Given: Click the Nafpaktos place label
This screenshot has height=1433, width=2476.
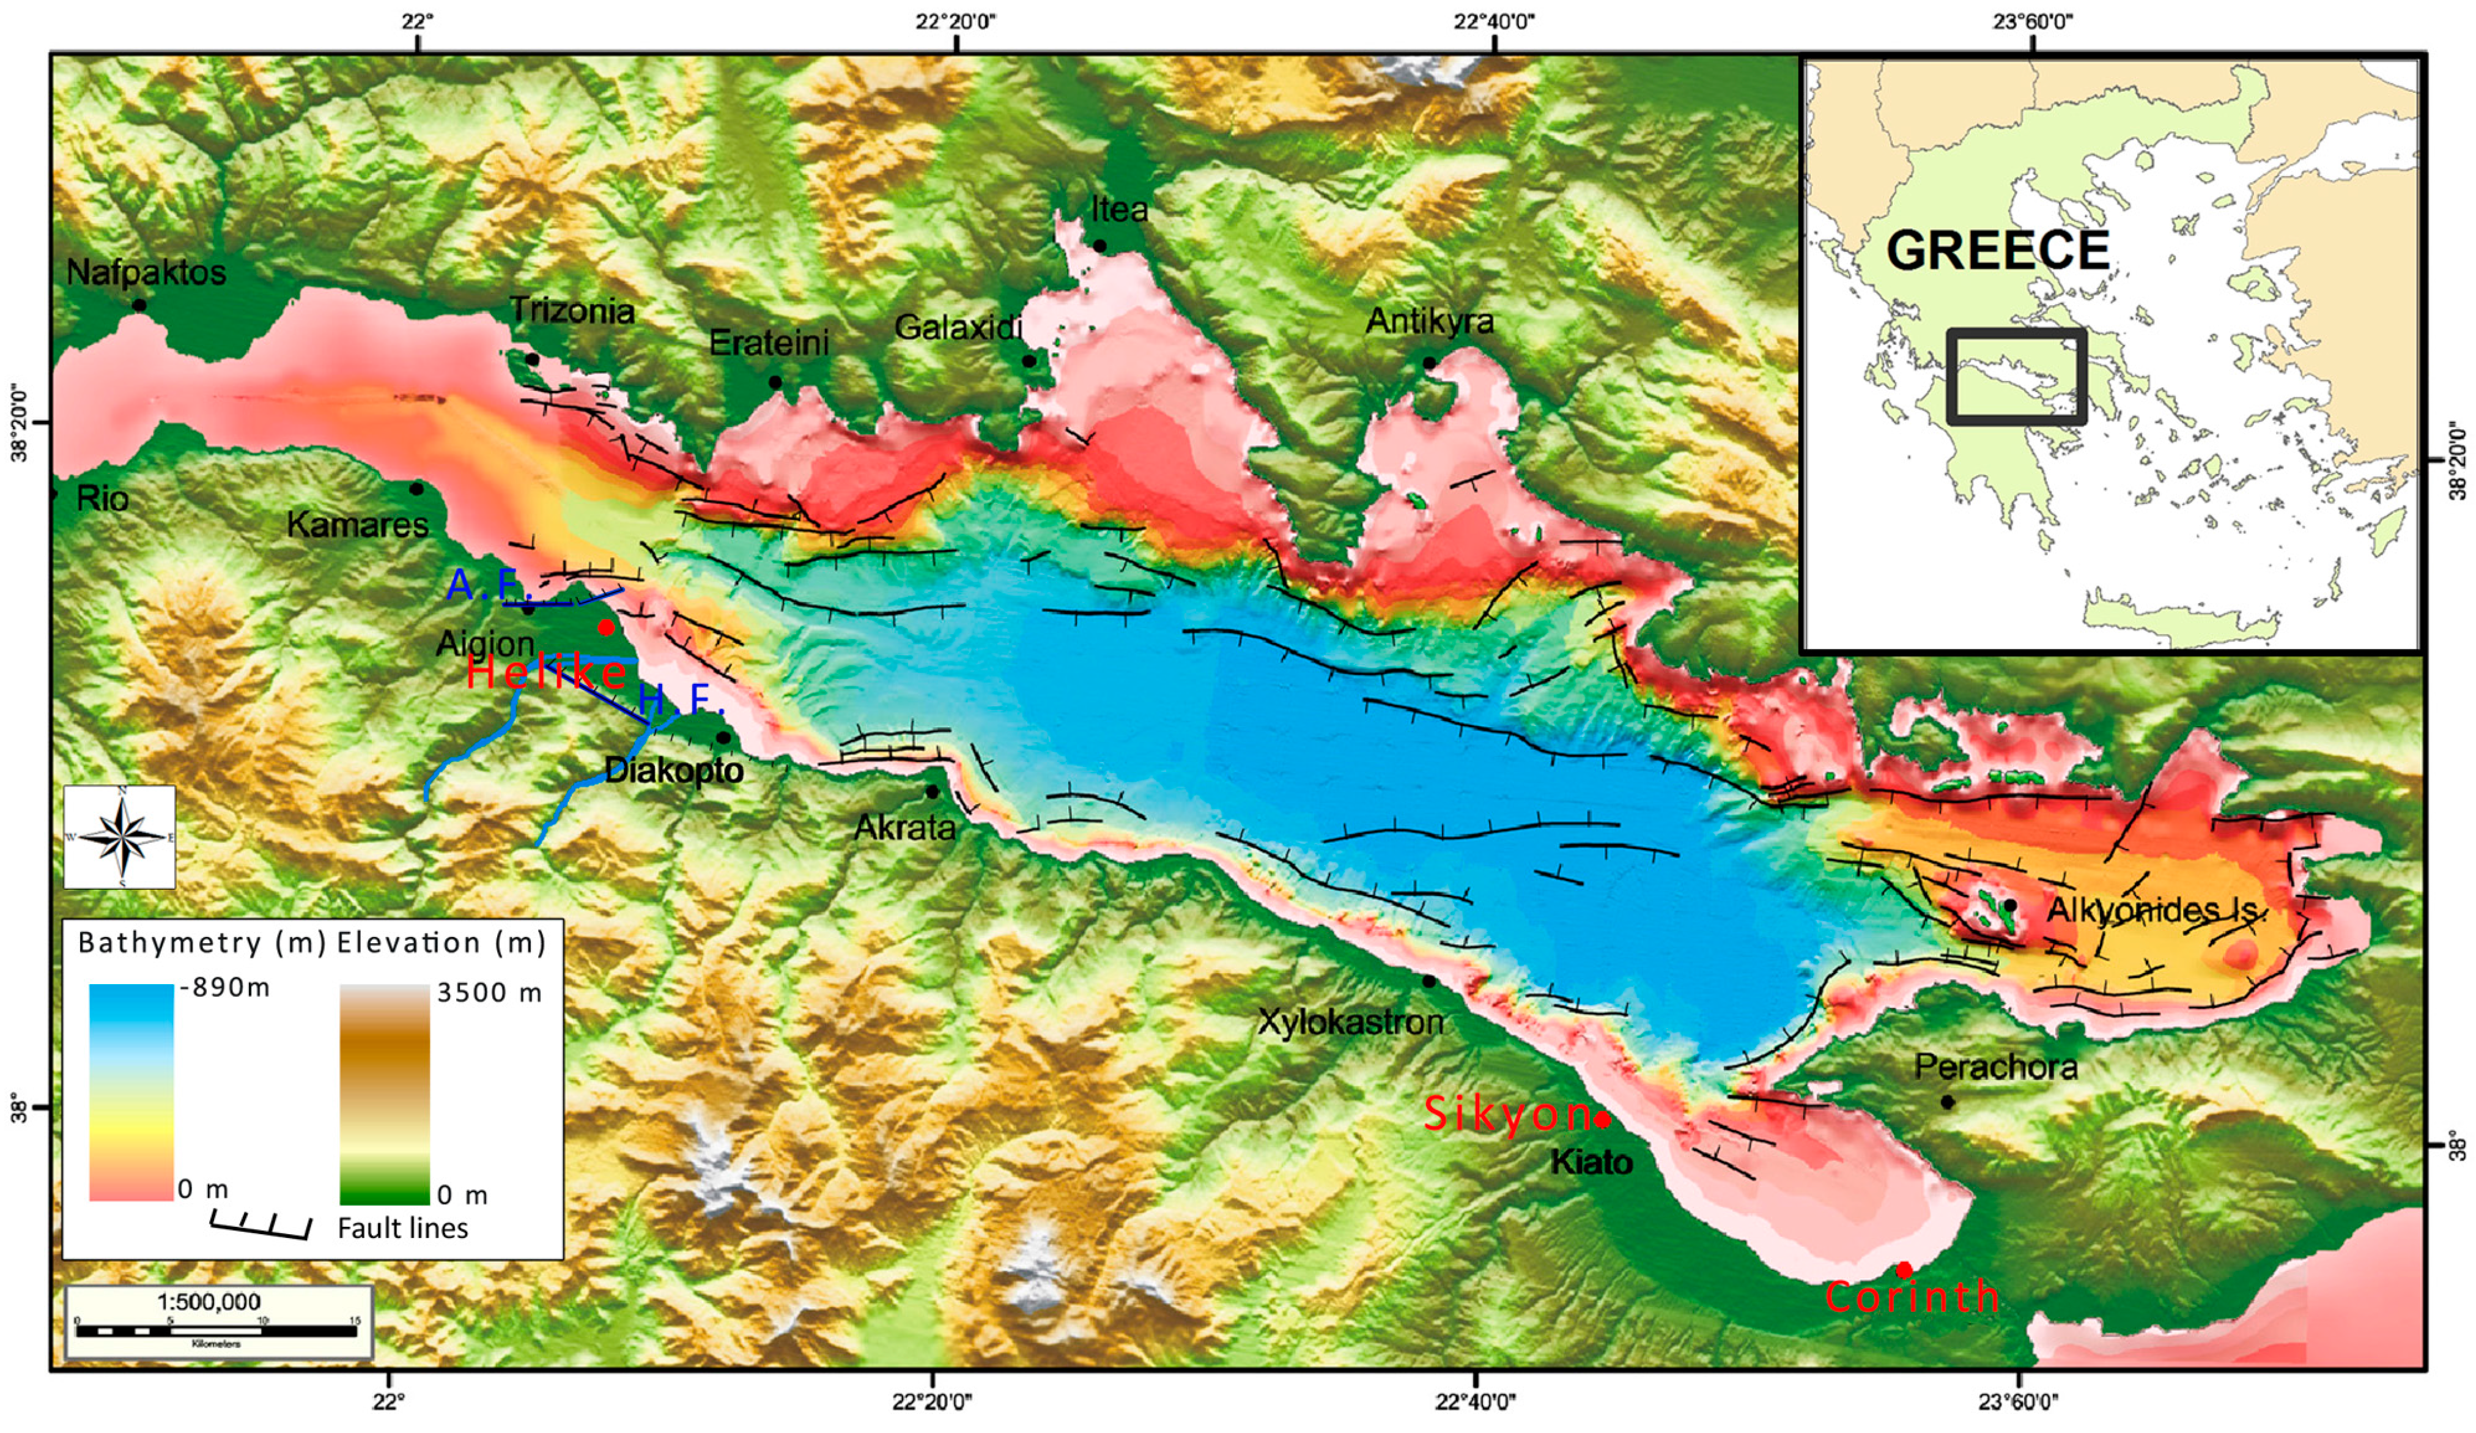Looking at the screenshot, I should [146, 272].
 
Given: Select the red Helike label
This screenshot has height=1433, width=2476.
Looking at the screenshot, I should [545, 672].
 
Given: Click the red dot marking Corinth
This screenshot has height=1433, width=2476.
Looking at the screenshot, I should [1903, 1269].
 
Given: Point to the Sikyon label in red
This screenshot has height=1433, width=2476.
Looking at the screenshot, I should [1506, 1114].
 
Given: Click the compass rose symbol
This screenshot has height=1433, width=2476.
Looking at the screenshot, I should [120, 837].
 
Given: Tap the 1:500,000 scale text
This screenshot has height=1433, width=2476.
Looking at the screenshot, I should [209, 1302].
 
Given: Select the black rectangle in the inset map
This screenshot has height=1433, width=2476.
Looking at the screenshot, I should [2016, 376].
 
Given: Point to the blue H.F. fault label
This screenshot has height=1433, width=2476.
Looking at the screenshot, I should [681, 700].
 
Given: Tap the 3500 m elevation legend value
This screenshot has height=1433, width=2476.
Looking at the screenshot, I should [489, 993].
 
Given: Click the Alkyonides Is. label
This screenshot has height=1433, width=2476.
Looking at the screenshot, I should [2157, 910].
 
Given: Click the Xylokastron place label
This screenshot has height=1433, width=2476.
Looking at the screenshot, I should [1351, 1022].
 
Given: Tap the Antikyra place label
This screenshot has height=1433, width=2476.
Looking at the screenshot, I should [1430, 321].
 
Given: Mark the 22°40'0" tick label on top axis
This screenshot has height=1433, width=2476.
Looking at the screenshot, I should [1493, 20].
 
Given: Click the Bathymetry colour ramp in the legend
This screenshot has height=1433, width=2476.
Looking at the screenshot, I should [131, 1091].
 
